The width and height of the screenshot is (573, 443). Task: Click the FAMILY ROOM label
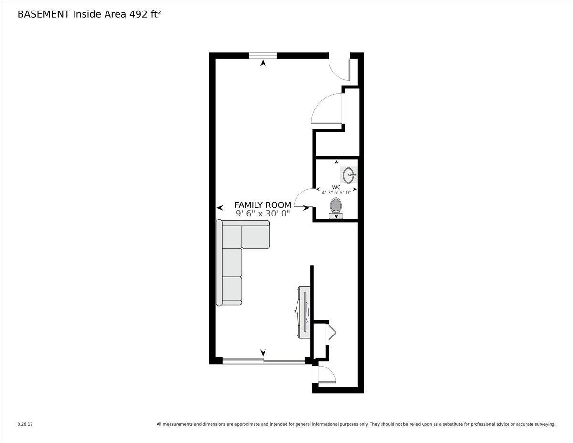[x=263, y=205]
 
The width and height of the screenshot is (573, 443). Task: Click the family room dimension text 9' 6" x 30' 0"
[x=263, y=214]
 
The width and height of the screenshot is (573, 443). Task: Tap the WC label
[x=336, y=187]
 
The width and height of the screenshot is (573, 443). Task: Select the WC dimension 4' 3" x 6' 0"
[x=336, y=193]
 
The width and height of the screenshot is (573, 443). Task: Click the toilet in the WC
[x=336, y=207]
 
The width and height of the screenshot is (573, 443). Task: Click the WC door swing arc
[x=301, y=197]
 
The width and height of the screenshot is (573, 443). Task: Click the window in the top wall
[x=263, y=55]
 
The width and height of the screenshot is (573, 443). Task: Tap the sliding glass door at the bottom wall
[x=263, y=361]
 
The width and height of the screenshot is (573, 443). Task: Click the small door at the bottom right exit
[x=326, y=375]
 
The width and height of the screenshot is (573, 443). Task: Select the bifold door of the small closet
[x=331, y=333]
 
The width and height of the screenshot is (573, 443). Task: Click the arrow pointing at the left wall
[x=220, y=208]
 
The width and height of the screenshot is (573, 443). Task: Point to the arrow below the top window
[x=263, y=63]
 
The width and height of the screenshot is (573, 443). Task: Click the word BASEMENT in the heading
[x=43, y=14]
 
